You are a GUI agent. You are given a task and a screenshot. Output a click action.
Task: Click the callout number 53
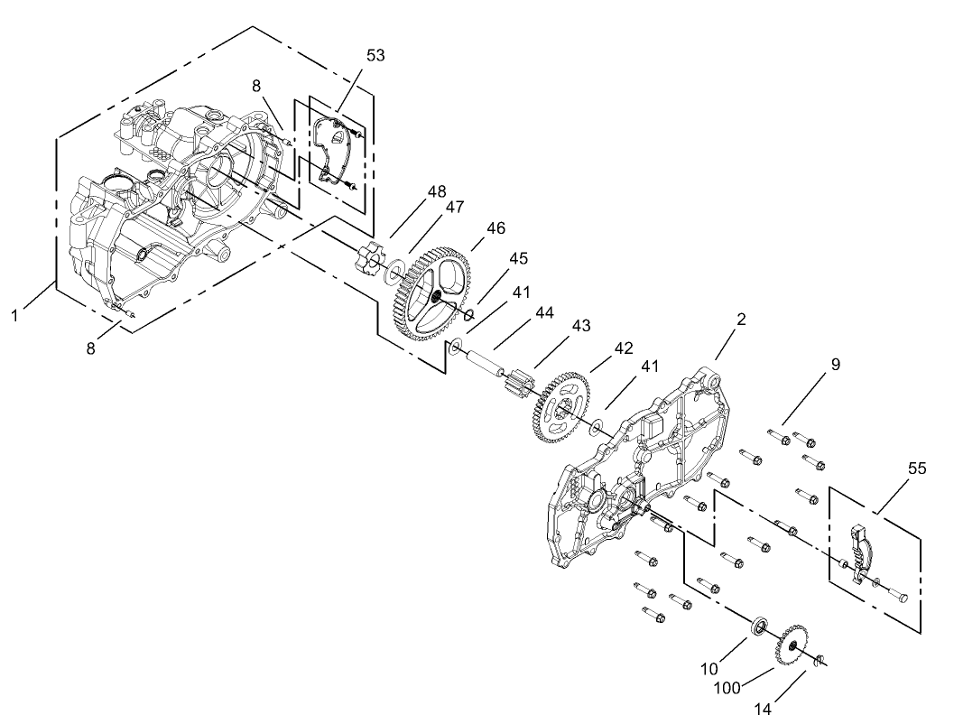coord(375,55)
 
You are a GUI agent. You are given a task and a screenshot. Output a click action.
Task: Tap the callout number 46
coord(496,230)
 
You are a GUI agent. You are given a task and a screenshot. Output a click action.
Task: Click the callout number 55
coord(917,469)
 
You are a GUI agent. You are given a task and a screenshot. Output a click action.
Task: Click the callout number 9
coord(835,366)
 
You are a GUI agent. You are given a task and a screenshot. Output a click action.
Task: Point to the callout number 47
coord(454,207)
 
